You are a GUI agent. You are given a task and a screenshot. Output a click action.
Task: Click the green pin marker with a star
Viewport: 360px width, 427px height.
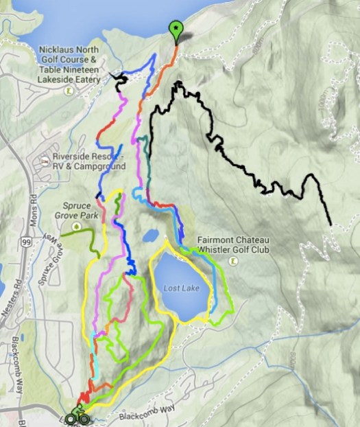pyautogui.click(x=176, y=29)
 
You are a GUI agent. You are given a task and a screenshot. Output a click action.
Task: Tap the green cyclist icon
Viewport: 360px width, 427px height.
pyautogui.click(x=78, y=415)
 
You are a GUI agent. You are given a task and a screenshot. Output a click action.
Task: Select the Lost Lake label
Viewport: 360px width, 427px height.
pyautogui.click(x=181, y=288)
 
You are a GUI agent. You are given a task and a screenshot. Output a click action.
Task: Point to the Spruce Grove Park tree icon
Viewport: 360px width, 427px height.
pyautogui.click(x=77, y=226)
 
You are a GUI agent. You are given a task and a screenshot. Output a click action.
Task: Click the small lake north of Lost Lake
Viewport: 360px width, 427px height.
pyautogui.click(x=149, y=235)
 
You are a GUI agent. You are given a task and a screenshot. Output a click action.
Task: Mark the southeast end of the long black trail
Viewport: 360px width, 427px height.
pyautogui.click(x=331, y=224)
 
